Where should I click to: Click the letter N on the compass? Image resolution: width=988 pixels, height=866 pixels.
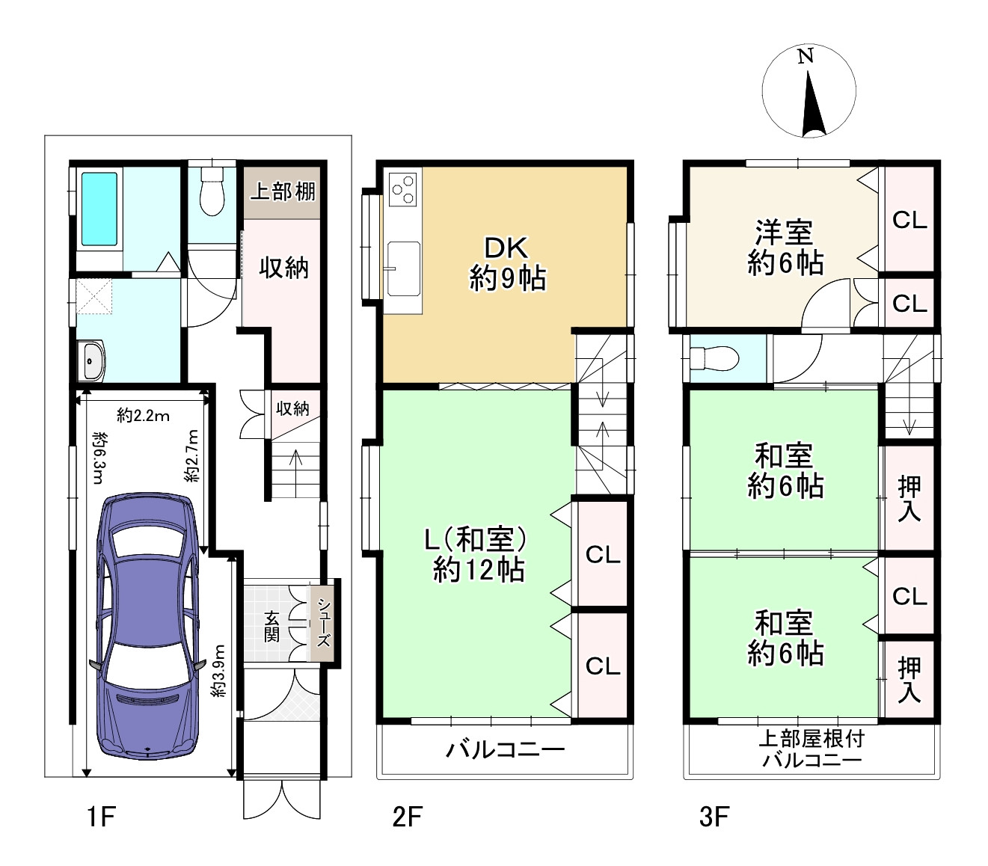click(x=805, y=57)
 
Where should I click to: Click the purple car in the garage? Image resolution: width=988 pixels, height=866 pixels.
click(x=148, y=626)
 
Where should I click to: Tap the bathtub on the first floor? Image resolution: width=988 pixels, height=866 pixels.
click(x=99, y=209)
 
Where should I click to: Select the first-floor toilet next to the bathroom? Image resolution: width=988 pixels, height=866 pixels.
click(x=212, y=191)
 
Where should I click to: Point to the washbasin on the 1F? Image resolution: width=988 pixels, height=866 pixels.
click(x=92, y=361)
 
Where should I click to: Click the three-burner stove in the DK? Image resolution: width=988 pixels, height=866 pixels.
click(x=402, y=189)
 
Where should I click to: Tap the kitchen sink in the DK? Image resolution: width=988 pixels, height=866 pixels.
click(x=403, y=268)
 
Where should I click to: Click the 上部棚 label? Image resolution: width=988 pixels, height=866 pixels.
click(x=283, y=191)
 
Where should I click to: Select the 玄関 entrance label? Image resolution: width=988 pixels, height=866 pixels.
click(x=271, y=626)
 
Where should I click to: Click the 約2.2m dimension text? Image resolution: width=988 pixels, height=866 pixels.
click(x=143, y=416)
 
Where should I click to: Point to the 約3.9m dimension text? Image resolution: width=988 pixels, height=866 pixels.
click(x=219, y=671)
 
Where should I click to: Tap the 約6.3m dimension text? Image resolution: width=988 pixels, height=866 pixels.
click(x=99, y=457)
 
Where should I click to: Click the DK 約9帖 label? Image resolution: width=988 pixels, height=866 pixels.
click(x=507, y=263)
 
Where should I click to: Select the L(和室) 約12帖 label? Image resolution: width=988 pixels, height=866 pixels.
click(x=478, y=554)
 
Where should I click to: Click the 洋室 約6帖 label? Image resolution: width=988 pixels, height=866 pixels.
click(x=785, y=248)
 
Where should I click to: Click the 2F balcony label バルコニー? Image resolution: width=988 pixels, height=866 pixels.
click(x=505, y=749)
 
